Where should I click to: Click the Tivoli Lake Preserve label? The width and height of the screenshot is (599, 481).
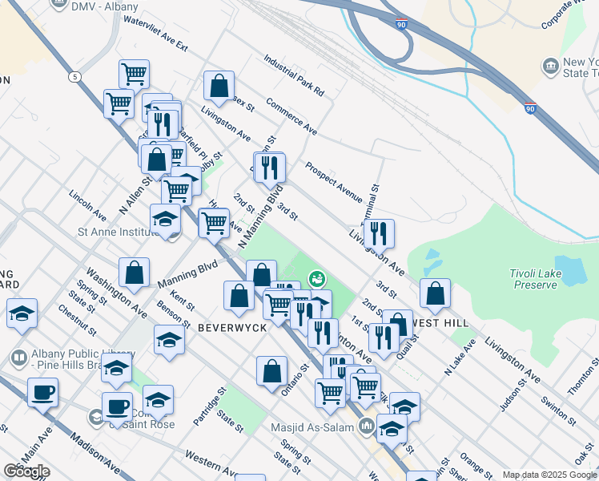coord(533,279)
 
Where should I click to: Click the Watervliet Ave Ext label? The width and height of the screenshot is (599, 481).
coord(155,33)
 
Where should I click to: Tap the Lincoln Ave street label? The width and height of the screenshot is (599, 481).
coord(87,205)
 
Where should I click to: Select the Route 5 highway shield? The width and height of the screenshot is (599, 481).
coord(74,77)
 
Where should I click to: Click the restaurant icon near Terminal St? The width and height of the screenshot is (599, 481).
coord(379,234)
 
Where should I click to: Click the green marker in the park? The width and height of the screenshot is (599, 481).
coord(316,278)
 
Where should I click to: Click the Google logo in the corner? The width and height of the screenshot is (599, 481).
coord(26,471)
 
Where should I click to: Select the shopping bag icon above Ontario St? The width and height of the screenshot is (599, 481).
coord(272,371)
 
